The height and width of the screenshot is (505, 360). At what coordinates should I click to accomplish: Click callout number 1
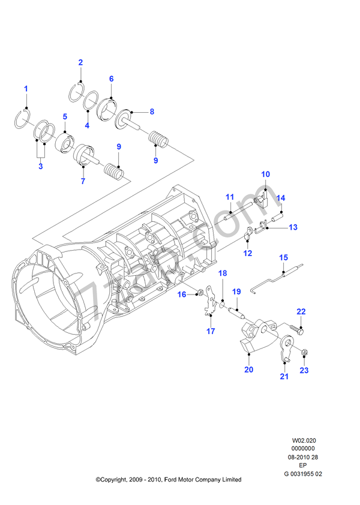26,89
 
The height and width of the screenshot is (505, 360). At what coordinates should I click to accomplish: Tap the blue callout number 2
80,62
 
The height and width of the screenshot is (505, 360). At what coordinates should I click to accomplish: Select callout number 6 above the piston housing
112,79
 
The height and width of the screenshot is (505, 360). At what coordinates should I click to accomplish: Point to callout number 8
152,112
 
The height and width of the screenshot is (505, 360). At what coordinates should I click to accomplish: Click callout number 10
265,174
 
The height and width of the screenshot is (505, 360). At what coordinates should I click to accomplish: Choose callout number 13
293,227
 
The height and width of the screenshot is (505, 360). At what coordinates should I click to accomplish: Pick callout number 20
248,369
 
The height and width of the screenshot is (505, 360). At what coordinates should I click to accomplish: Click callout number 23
304,370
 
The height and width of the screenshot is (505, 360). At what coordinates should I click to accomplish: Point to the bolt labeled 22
298,329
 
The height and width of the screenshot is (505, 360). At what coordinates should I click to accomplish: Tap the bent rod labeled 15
270,281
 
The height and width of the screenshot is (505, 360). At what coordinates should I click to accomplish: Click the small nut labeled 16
199,294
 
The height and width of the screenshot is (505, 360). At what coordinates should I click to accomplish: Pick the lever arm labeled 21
286,350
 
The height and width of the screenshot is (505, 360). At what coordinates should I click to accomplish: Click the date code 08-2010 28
303,457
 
